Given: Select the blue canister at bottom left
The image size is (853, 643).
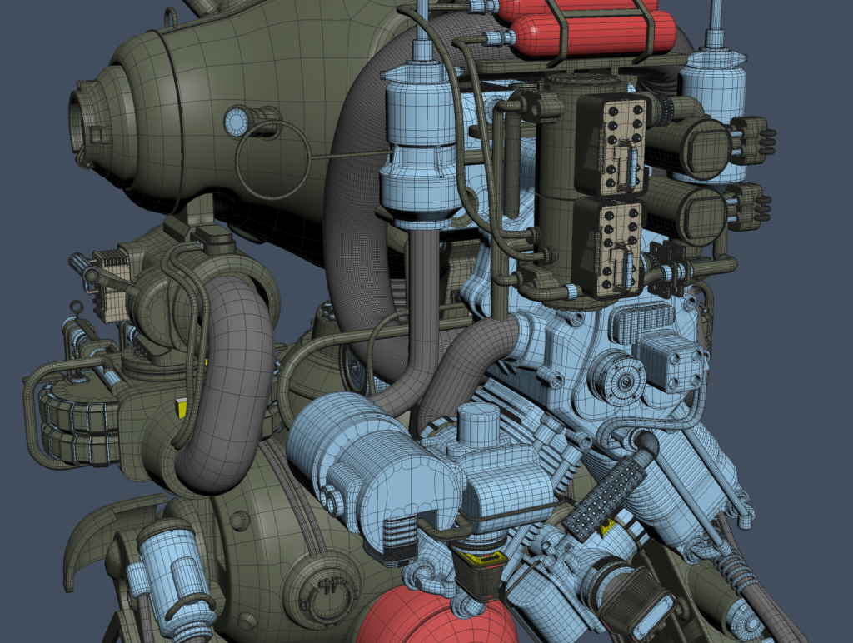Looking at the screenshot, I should coord(173,566).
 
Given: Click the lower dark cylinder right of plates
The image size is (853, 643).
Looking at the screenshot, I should coord(688,213).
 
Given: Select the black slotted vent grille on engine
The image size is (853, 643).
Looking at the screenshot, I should coord(641,320).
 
